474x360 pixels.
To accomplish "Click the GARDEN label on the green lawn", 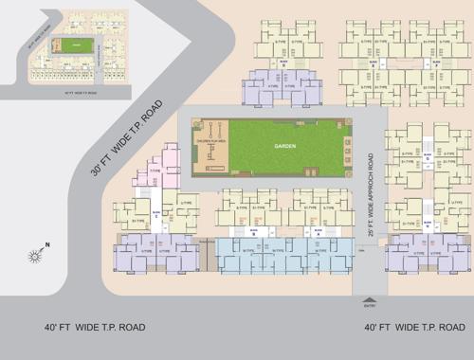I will tap(285, 147).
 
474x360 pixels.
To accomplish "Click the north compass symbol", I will tap(36, 255).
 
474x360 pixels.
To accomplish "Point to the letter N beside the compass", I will tap(47, 244).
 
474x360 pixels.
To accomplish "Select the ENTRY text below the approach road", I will tap(369, 305).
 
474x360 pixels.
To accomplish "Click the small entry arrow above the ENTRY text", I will tap(369, 297).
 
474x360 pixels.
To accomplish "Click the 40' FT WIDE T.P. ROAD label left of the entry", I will tap(95, 327).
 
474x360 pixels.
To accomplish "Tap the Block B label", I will tap(254, 230).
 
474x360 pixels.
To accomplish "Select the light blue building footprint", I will tap(283, 255).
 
